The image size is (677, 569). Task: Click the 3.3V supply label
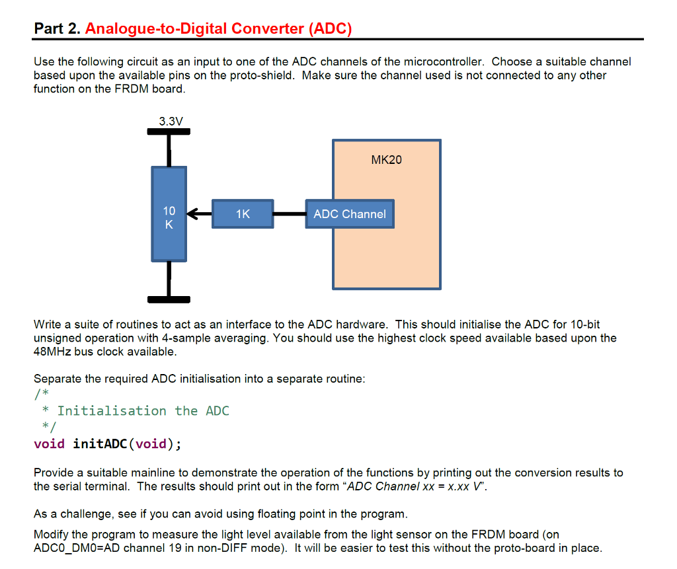point(171,121)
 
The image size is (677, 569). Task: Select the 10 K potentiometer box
point(169,213)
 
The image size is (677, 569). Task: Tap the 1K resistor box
point(243,214)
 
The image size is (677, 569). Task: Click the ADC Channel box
point(350,214)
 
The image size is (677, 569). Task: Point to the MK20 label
point(386,160)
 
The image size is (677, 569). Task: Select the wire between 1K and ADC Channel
point(289,214)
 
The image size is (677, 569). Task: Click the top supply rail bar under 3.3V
point(169,132)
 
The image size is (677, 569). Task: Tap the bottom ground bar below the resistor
point(169,299)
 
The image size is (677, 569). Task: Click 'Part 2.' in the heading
point(57,29)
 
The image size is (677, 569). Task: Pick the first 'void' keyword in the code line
point(49,443)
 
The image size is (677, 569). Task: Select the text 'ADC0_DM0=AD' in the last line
point(77,548)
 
